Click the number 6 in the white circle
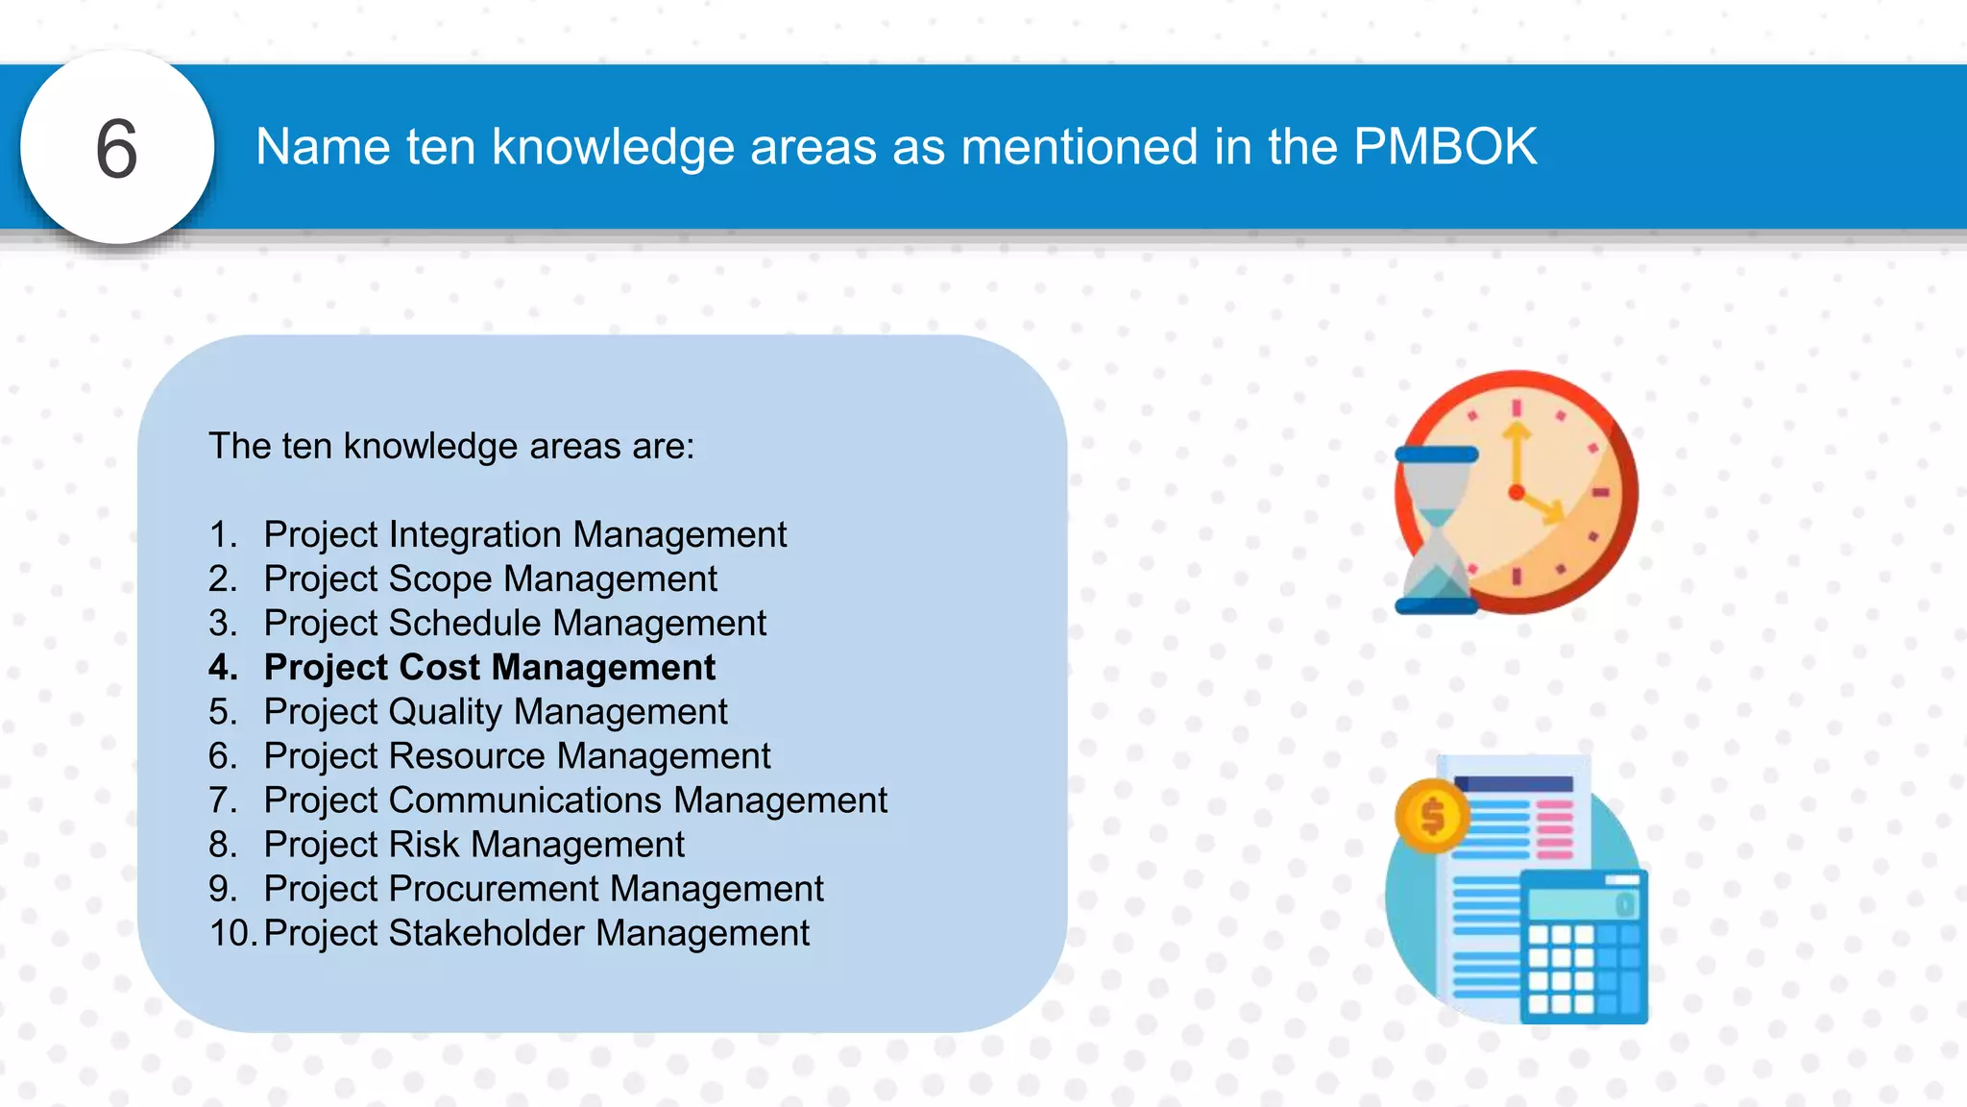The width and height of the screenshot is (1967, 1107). pyautogui.click(x=116, y=149)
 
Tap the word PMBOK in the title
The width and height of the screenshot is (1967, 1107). pyautogui.click(x=1445, y=147)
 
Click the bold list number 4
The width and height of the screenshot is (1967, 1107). pyautogui.click(x=223, y=667)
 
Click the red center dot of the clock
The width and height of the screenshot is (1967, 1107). pyautogui.click(x=1517, y=493)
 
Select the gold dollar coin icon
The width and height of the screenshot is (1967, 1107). pyautogui.click(x=1432, y=817)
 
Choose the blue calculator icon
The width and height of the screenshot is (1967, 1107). pyautogui.click(x=1584, y=947)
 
